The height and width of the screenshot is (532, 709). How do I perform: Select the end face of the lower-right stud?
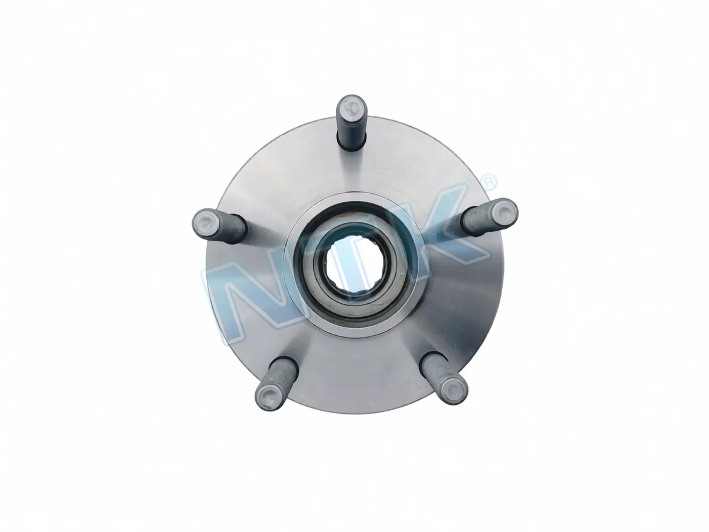pyautogui.click(x=454, y=388)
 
